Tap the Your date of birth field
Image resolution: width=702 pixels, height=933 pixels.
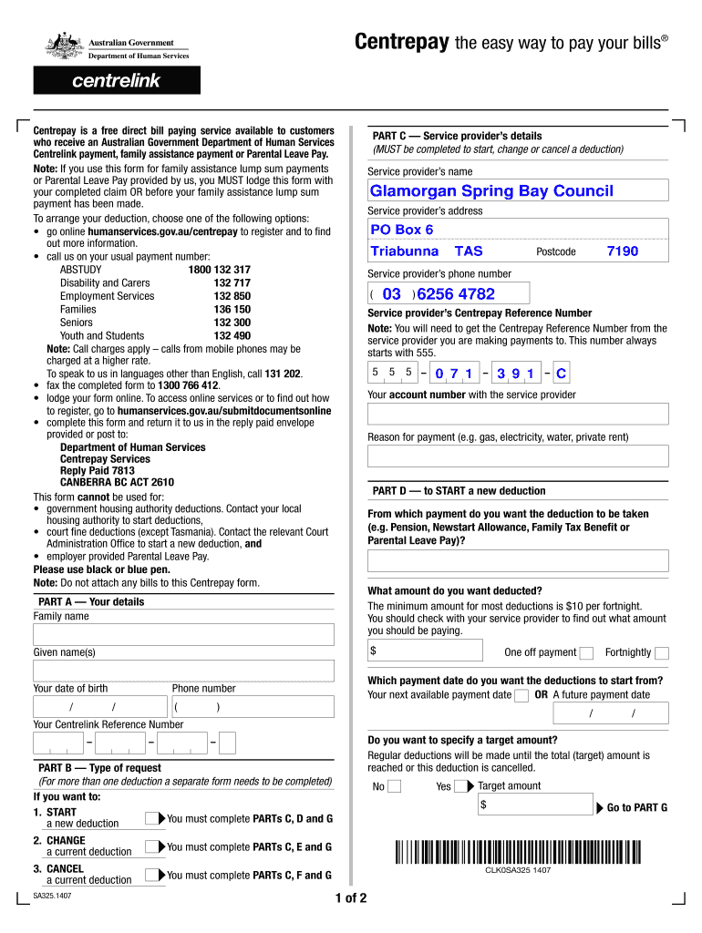click(98, 708)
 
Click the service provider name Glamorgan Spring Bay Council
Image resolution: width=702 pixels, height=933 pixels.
click(491, 191)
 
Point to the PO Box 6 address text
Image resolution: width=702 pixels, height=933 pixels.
click(402, 230)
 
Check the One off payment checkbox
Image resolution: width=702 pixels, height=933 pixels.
click(587, 652)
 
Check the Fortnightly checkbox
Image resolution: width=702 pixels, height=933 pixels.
click(662, 652)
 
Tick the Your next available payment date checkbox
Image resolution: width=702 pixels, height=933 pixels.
click(521, 695)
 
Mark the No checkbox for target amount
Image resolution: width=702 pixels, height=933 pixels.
click(395, 787)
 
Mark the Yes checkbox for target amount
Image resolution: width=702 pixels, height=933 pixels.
click(462, 787)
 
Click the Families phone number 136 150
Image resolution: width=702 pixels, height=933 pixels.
click(232, 310)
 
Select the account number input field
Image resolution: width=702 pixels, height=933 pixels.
click(517, 415)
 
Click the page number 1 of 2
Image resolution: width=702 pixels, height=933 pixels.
click(351, 898)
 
